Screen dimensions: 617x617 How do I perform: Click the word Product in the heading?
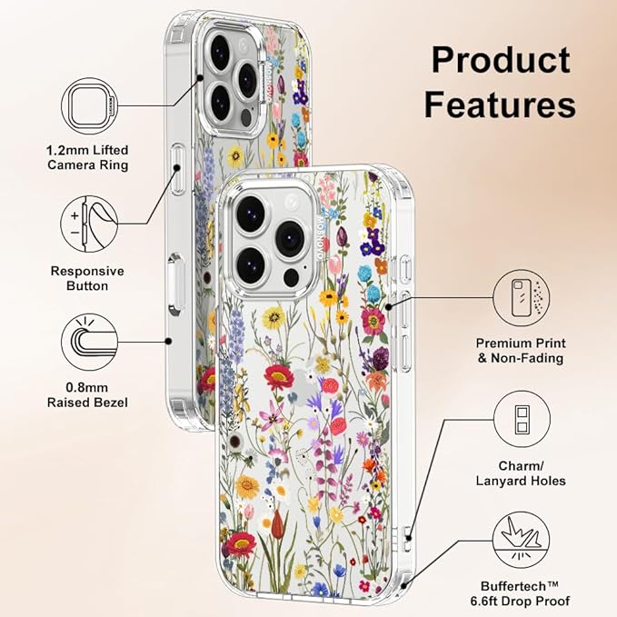(x=501, y=60)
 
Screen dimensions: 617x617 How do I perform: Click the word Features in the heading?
(x=500, y=104)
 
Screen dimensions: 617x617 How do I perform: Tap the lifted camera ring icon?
(x=90, y=105)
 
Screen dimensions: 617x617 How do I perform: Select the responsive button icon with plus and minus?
(x=89, y=224)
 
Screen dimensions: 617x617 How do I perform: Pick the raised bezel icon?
(x=90, y=342)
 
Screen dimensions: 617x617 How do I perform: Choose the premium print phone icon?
(x=522, y=298)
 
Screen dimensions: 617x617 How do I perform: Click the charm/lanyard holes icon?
(x=522, y=419)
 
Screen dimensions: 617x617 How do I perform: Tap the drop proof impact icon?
(x=522, y=540)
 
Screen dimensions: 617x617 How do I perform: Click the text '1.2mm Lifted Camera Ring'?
(x=87, y=157)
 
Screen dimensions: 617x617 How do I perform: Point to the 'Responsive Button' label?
(x=87, y=278)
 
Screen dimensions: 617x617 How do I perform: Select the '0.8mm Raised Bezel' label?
(x=87, y=395)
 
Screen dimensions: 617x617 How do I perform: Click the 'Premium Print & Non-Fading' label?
(x=521, y=351)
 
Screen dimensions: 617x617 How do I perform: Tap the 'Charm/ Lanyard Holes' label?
(x=521, y=473)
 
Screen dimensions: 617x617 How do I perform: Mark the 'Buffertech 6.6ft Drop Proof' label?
(x=520, y=593)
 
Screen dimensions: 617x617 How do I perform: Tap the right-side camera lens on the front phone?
(x=291, y=238)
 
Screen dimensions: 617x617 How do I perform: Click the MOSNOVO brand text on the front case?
(x=320, y=237)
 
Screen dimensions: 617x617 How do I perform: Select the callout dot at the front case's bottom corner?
(x=403, y=585)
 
